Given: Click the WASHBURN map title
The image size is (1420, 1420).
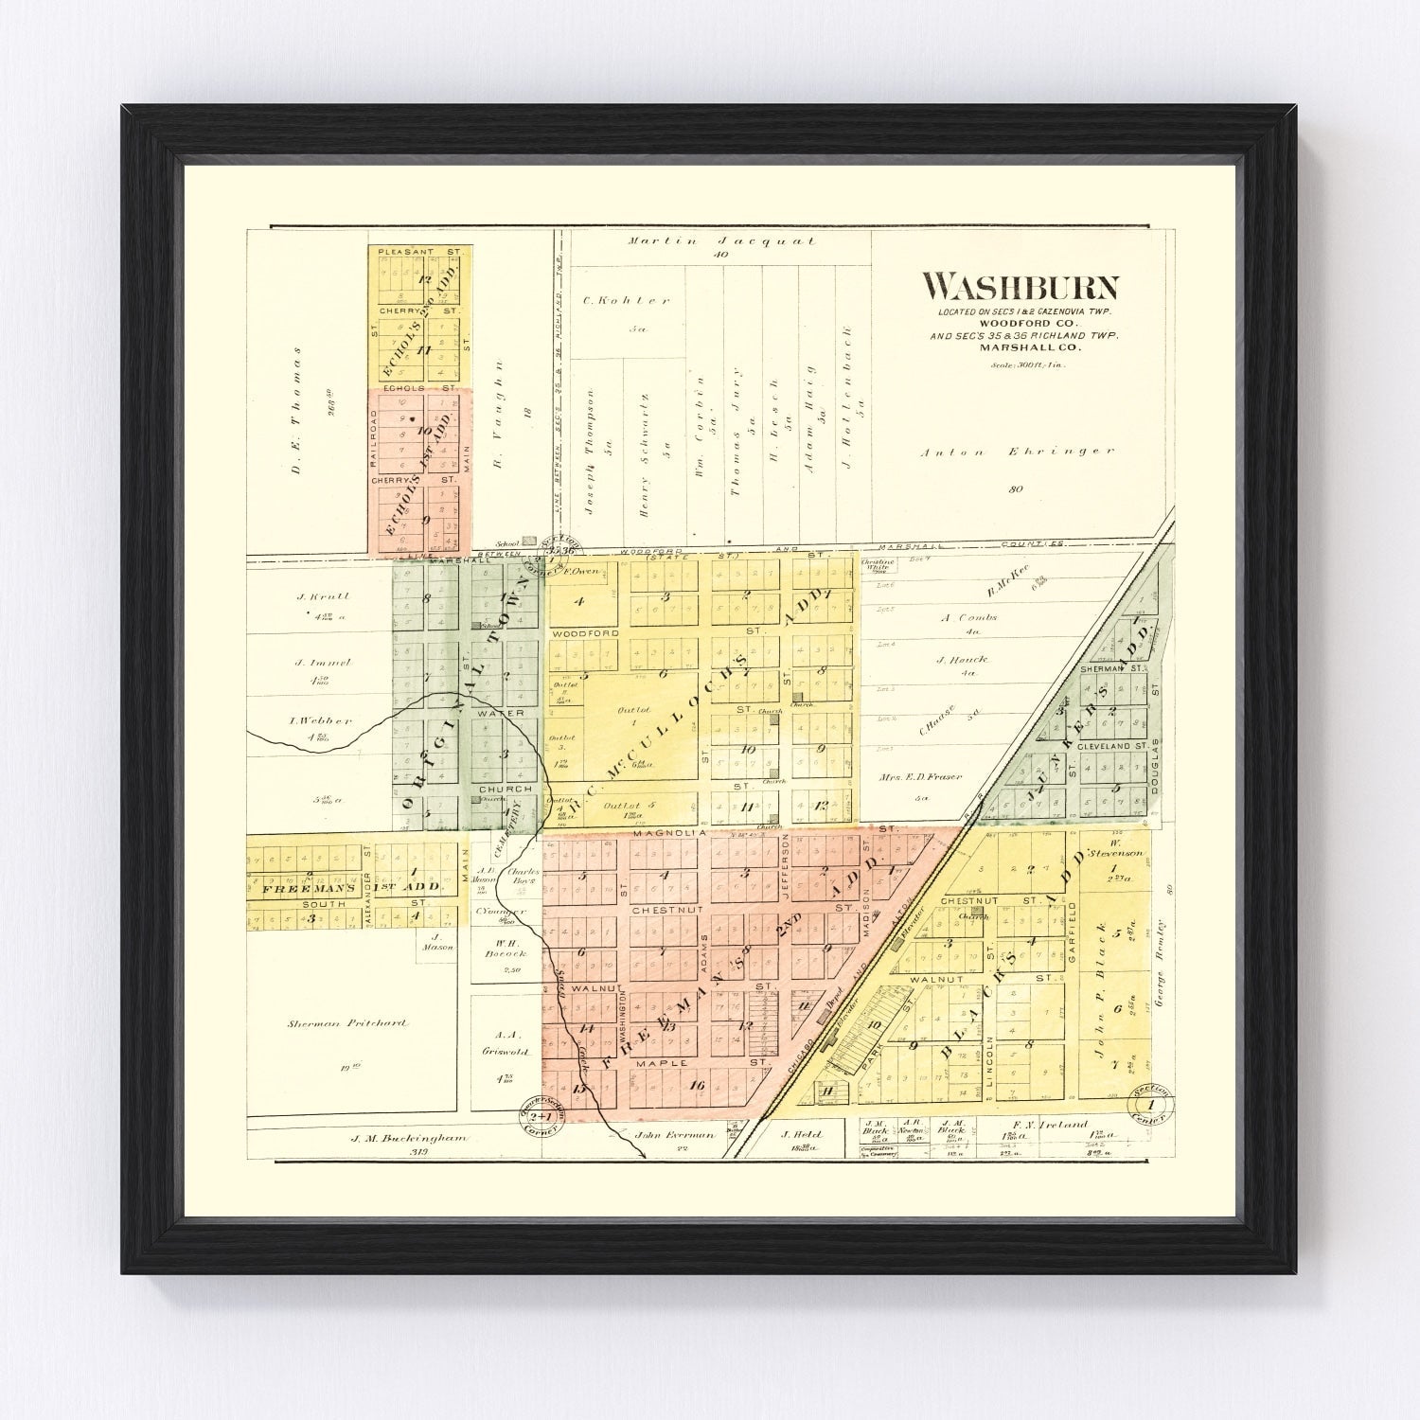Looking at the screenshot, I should (x=1021, y=285).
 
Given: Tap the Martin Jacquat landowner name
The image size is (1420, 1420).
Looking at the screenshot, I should (x=721, y=241).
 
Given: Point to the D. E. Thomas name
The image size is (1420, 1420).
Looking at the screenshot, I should (x=295, y=391).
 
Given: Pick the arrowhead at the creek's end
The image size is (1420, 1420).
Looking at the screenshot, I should (x=643, y=1155).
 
